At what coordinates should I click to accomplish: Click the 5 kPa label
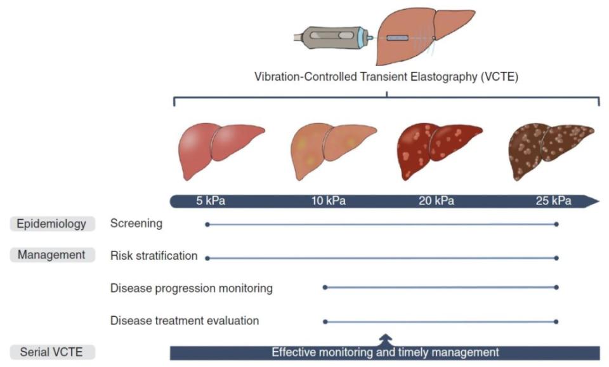tap(210, 202)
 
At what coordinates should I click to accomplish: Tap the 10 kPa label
tap(328, 202)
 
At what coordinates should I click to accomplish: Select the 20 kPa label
tap(436, 202)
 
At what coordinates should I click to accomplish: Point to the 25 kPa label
tap(553, 202)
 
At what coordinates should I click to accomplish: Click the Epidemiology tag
tap(53, 224)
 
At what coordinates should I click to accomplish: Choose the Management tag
tap(51, 255)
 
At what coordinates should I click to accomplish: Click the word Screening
tap(136, 224)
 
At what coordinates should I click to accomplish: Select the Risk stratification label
tap(154, 256)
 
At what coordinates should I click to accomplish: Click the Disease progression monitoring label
tap(191, 288)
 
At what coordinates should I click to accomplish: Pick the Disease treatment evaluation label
tap(184, 321)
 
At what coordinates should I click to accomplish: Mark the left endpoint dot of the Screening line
tap(207, 224)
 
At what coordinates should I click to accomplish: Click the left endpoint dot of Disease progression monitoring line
tap(325, 288)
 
